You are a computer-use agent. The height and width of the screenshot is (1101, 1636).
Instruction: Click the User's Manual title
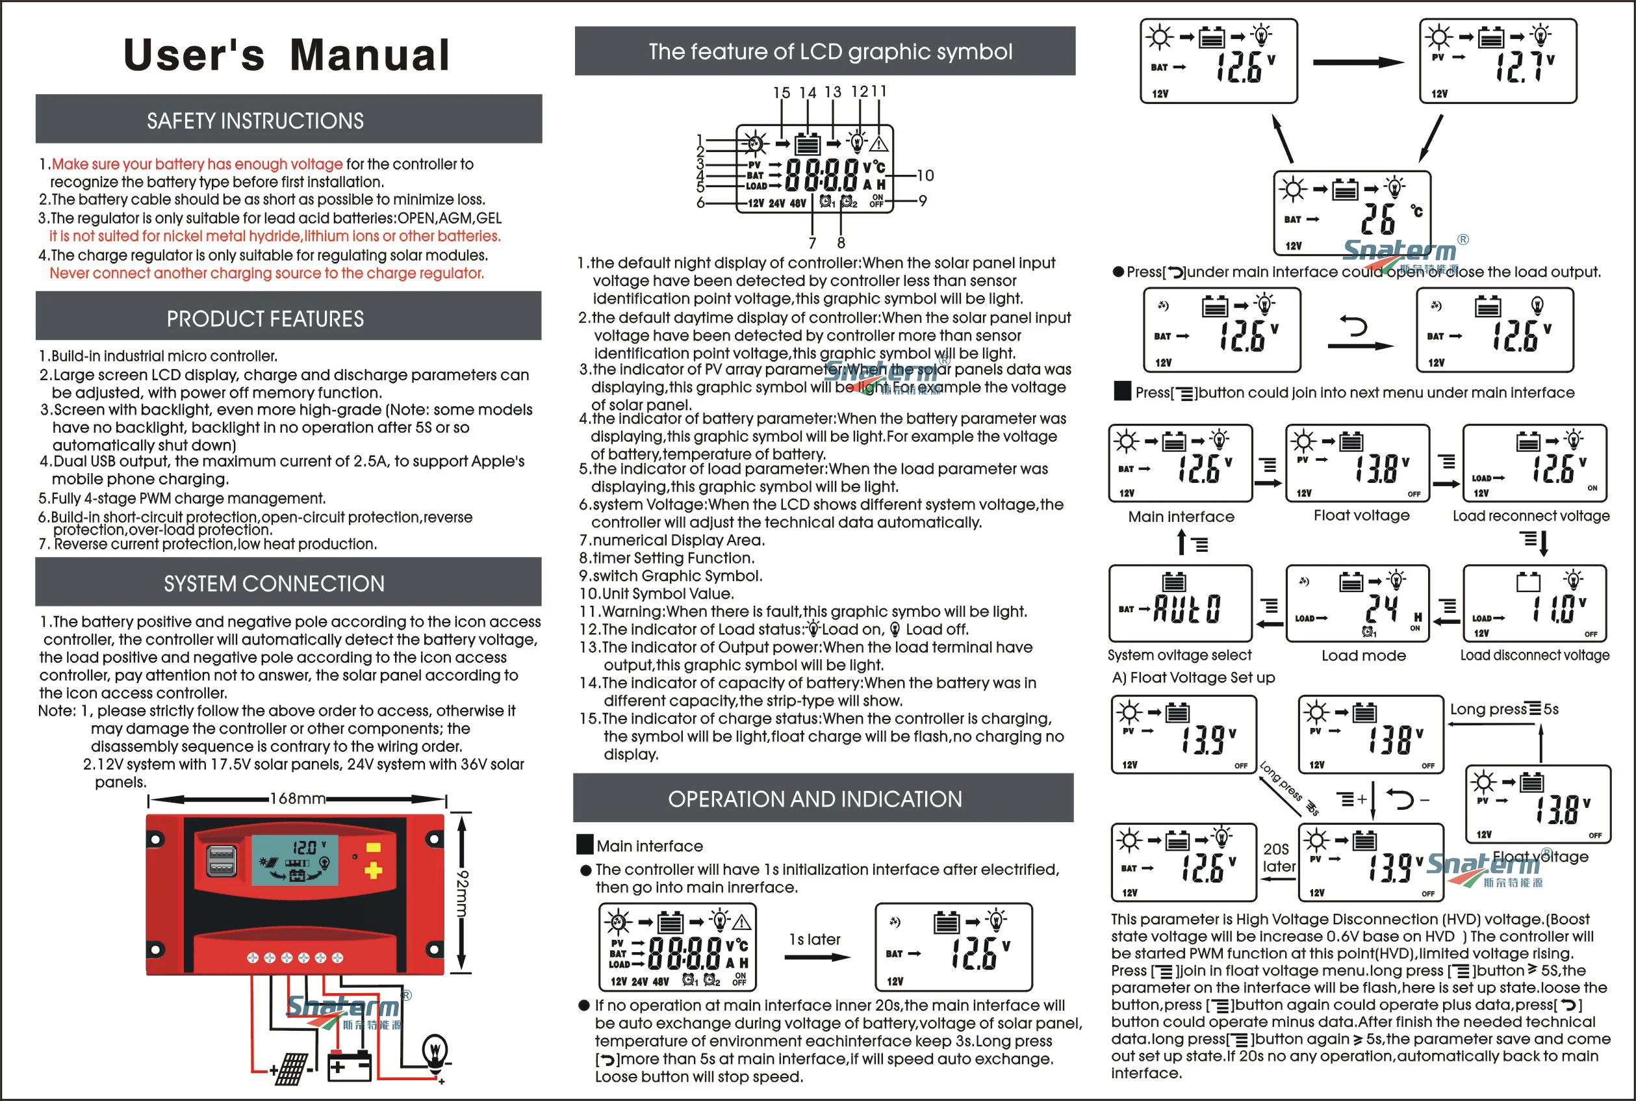[x=287, y=55]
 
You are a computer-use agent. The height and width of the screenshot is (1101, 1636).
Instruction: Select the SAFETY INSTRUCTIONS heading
[x=255, y=121]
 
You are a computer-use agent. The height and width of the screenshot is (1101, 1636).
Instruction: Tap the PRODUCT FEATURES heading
[x=264, y=318]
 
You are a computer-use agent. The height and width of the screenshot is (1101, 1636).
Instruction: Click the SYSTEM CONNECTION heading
[x=274, y=584]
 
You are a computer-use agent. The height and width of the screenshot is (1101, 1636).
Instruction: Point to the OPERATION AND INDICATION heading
[x=815, y=799]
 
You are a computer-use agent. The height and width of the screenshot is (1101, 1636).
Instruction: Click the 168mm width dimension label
[x=298, y=798]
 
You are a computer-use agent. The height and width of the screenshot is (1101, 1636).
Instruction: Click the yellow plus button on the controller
[x=374, y=871]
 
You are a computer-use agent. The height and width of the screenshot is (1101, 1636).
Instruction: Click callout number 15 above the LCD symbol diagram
[x=781, y=94]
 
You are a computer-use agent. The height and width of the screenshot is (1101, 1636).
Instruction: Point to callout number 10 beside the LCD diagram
[x=925, y=175]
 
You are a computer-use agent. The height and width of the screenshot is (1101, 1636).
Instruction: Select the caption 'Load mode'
[x=1363, y=656]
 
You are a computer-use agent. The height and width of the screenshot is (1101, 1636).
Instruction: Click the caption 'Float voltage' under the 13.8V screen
[x=1361, y=515]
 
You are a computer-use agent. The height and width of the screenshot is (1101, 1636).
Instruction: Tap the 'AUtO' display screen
[x=1181, y=603]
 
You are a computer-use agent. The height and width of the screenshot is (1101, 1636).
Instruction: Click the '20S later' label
[x=1278, y=858]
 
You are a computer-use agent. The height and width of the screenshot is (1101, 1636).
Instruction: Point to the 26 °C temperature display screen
[x=1352, y=213]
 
